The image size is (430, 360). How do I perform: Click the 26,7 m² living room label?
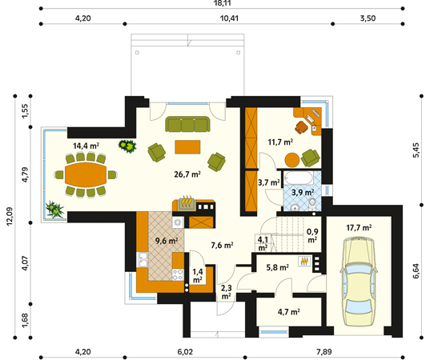click(187, 174)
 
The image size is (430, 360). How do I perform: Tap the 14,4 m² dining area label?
click(86, 146)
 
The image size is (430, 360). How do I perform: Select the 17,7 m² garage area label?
click(359, 228)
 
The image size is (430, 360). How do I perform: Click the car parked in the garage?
click(358, 282)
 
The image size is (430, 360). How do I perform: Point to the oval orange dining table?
click(86, 174)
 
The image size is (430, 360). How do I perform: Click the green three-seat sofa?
click(187, 124)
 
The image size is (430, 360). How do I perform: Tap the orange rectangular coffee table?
click(187, 147)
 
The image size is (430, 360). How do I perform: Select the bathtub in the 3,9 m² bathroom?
click(298, 178)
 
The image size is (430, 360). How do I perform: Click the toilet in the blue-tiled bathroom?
click(312, 205)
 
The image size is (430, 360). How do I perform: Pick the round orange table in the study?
click(292, 160)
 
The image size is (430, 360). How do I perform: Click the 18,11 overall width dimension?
click(222, 3)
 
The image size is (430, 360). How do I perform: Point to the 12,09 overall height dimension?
click(10, 217)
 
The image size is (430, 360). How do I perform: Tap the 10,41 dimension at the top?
click(229, 18)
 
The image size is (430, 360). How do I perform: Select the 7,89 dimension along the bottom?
click(324, 351)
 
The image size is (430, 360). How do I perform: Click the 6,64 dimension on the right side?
click(416, 271)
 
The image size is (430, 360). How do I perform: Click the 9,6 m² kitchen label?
click(167, 241)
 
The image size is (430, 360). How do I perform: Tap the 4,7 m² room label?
click(288, 312)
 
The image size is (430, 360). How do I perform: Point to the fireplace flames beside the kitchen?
click(187, 202)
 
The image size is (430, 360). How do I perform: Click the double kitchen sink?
click(143, 260)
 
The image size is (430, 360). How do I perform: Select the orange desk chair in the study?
click(301, 127)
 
